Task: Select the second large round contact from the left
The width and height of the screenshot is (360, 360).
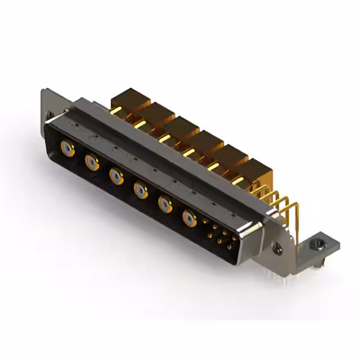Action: click(91, 163)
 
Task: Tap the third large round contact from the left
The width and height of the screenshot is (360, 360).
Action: click(116, 177)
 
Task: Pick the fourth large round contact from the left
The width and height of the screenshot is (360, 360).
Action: click(140, 190)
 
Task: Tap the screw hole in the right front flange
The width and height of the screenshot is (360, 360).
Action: click(276, 245)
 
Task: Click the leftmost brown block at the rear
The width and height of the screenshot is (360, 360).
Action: click(128, 100)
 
